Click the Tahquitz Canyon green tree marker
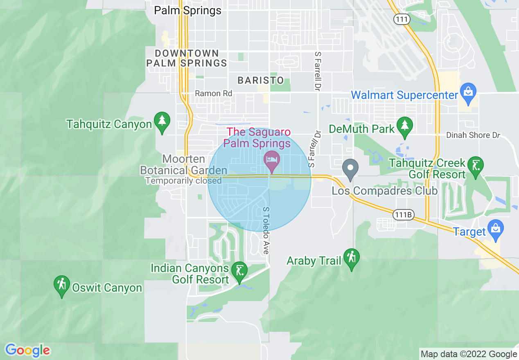tap(162, 122)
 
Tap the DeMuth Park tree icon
tap(405, 127)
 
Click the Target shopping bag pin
tap(496, 229)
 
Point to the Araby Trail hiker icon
tap(351, 258)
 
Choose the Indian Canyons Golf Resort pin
tap(239, 271)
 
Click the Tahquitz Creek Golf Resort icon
tap(475, 166)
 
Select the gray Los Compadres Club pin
tap(350, 169)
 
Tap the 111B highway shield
tap(403, 214)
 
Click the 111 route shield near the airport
tap(402, 19)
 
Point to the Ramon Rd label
tap(213, 93)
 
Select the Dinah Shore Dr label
tap(473, 135)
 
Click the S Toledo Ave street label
tap(266, 230)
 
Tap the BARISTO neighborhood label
tap(261, 80)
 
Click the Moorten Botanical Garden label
tap(183, 165)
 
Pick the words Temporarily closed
tap(184, 180)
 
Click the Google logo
tap(27, 350)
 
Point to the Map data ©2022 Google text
tap(469, 354)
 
